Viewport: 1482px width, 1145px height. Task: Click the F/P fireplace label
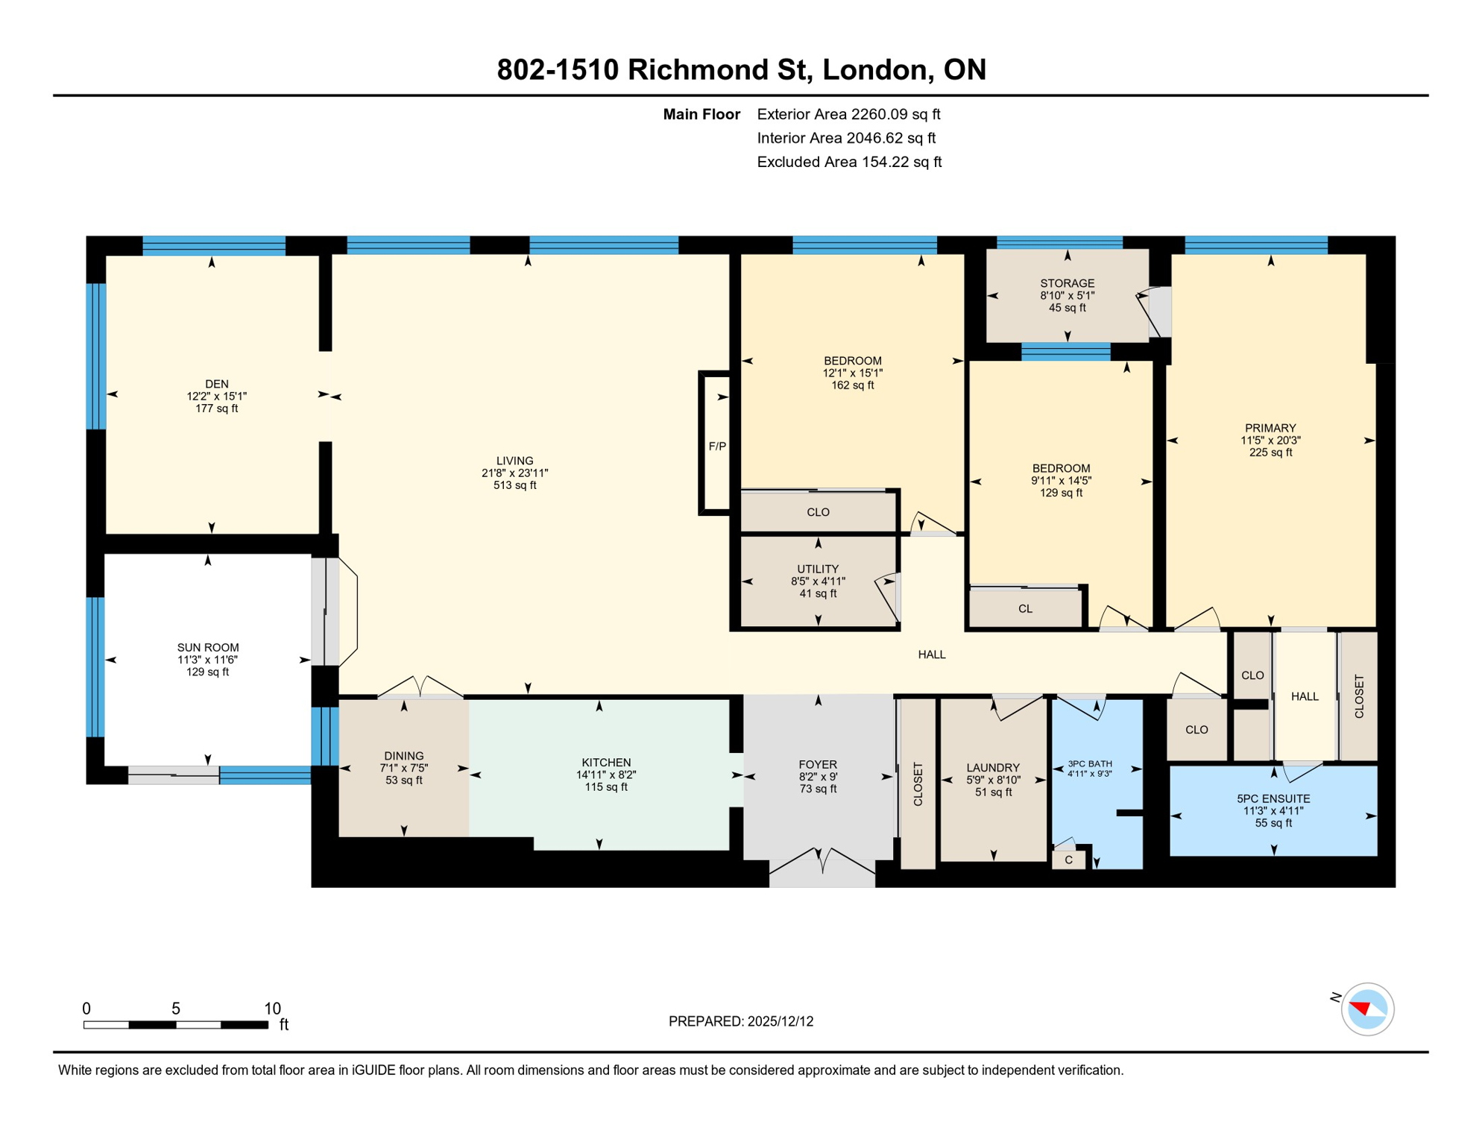click(x=716, y=447)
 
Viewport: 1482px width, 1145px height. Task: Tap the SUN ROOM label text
click(x=208, y=648)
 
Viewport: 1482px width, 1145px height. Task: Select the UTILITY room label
click(x=818, y=569)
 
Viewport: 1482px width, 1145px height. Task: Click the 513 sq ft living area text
click(x=514, y=485)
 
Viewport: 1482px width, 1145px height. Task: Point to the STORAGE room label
click(x=1067, y=283)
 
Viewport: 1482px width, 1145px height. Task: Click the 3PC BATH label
click(x=1089, y=764)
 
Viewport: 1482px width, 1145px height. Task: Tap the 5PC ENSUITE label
click(x=1273, y=799)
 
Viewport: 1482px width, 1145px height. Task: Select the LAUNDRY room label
click(x=992, y=768)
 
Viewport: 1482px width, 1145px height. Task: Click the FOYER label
click(x=817, y=765)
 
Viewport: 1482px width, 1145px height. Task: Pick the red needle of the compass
click(x=1360, y=1009)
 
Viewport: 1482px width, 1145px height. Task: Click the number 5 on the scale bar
click(x=176, y=1009)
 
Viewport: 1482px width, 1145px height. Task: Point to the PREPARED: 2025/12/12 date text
click(x=740, y=1021)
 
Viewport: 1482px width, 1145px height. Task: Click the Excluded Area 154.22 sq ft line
click(x=848, y=162)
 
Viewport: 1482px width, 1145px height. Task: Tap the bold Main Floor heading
click(x=701, y=114)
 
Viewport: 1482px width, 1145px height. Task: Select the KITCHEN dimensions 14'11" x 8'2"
click(x=605, y=775)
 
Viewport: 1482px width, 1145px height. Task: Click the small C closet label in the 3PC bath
click(x=1068, y=860)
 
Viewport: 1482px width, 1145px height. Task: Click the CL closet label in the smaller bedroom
click(x=1025, y=609)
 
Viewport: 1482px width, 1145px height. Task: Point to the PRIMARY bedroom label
click(x=1270, y=428)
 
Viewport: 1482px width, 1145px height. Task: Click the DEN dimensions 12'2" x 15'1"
click(x=216, y=397)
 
